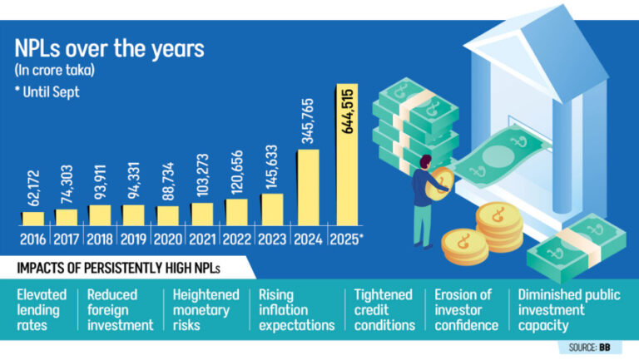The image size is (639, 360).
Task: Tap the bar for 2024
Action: coord(310,187)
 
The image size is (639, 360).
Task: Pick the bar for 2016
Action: coord(32,219)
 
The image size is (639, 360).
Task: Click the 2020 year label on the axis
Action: coord(168,238)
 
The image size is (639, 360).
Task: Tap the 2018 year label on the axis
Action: coord(100,238)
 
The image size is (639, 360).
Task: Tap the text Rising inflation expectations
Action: coord(296,309)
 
